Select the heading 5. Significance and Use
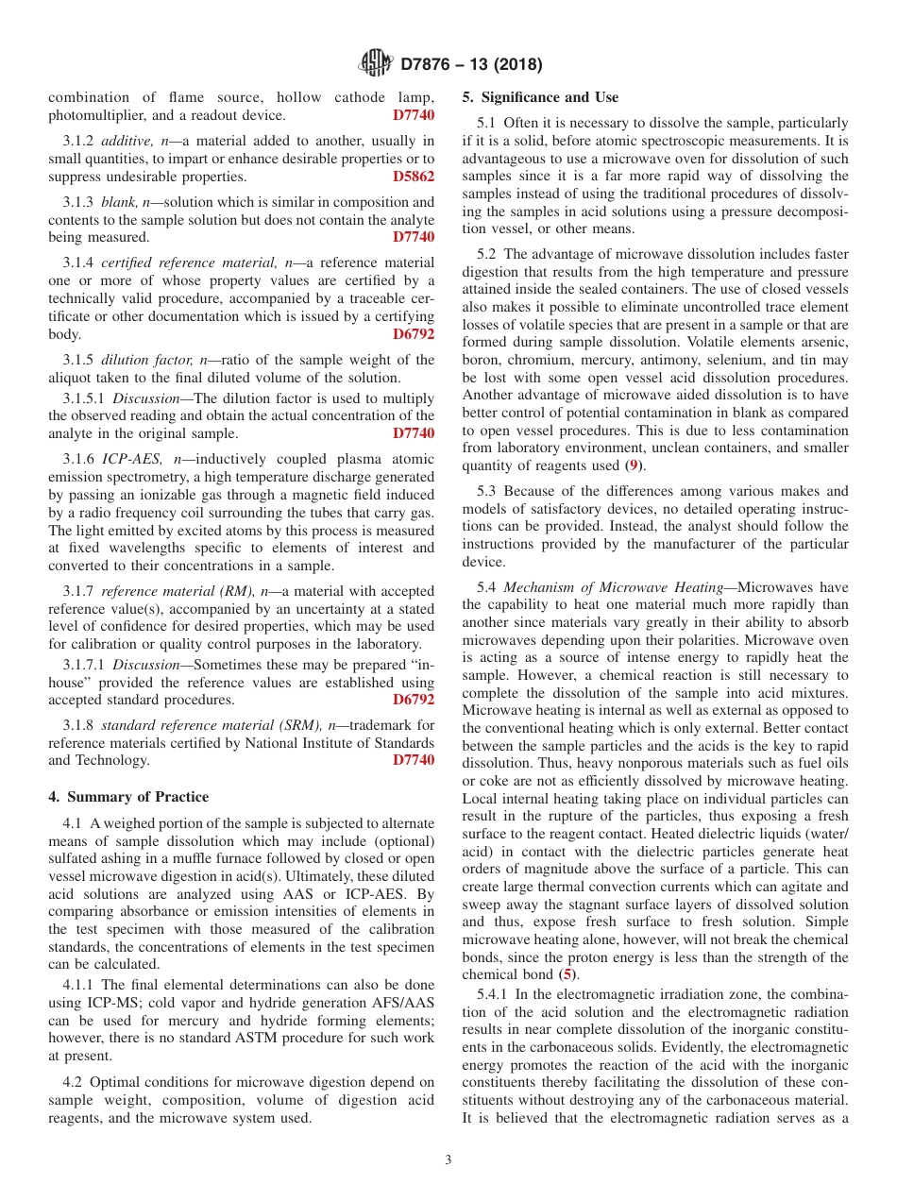pyautogui.click(x=540, y=97)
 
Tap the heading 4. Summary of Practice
pyautogui.click(x=128, y=797)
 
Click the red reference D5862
pyautogui.click(x=414, y=177)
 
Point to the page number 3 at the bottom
pyautogui.click(x=448, y=1159)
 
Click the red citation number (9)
pyautogui.click(x=638, y=465)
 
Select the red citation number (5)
pyautogui.click(x=567, y=973)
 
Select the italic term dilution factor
pyautogui.click(x=146, y=360)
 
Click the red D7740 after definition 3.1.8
pyautogui.click(x=414, y=760)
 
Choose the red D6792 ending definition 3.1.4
pyautogui.click(x=414, y=334)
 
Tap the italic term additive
pyautogui.click(x=125, y=141)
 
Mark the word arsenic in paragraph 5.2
pyautogui.click(x=822, y=342)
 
